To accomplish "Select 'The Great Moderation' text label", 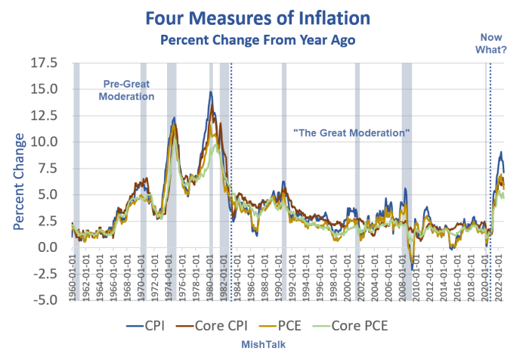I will pyautogui.click(x=351, y=132).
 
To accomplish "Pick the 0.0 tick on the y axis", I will pyautogui.click(x=54, y=247).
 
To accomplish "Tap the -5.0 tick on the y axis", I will pyautogui.click(x=51, y=300).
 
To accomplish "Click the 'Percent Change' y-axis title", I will pyautogui.click(x=17, y=182).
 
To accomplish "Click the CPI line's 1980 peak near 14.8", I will pyautogui.click(x=211, y=92).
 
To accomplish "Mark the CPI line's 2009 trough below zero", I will pyautogui.click(x=413, y=268).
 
